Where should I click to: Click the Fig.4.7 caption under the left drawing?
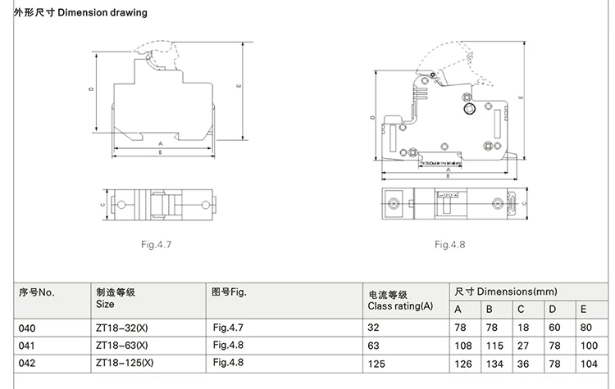coord(155,244)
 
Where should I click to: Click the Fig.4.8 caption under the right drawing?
coord(450,244)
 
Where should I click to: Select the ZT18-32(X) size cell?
coord(122,328)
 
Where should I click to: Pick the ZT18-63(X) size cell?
coord(122,345)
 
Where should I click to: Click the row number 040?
coord(26,328)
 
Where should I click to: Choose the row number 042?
coord(26,361)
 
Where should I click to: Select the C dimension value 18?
coord(522,328)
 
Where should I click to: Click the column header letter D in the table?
coord(552,309)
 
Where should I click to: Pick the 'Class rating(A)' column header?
coord(399,306)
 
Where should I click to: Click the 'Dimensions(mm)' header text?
coord(517,291)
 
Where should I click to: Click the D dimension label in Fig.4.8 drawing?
coord(372,119)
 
